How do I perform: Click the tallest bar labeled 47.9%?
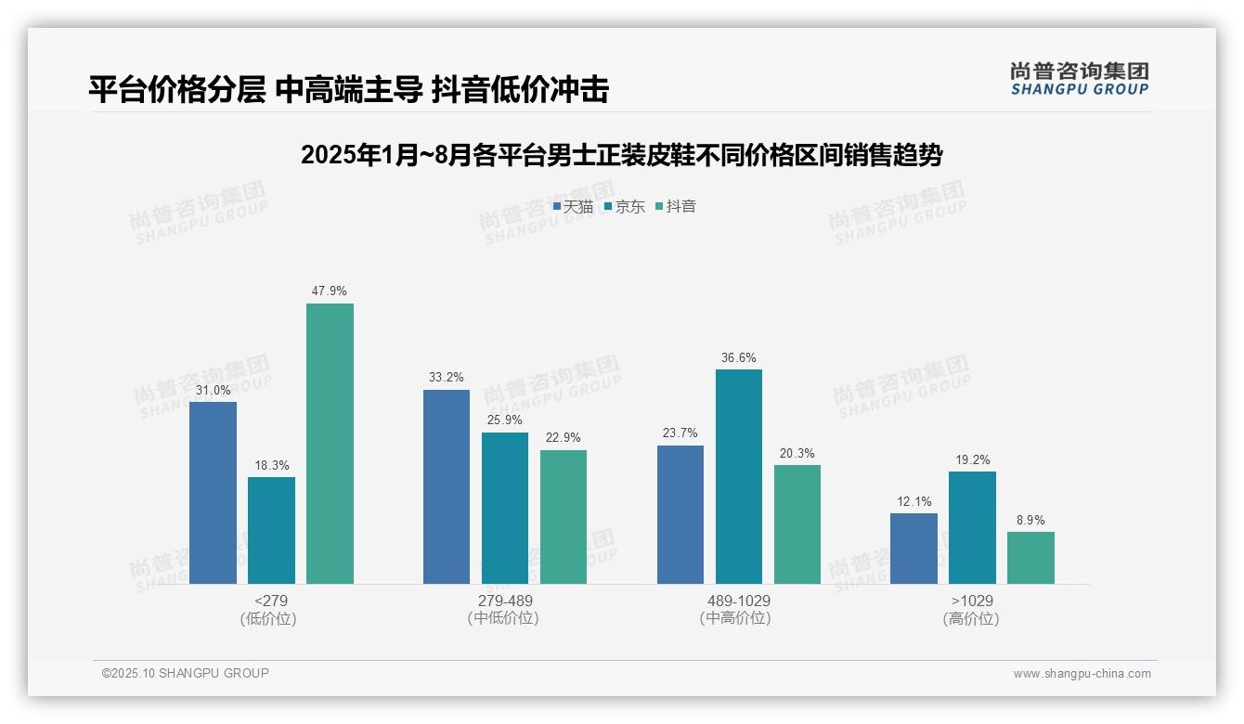coord(330,444)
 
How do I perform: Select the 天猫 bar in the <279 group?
coord(213,493)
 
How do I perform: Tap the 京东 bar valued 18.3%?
coord(271,530)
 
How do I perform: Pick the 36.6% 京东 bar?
coord(738,476)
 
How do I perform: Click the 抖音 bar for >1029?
coord(1030,558)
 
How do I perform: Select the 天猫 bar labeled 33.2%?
coord(447,486)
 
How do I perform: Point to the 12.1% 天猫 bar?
coord(914,549)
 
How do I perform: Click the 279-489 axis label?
coord(504,601)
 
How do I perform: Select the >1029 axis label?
coord(971,601)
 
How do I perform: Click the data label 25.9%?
coord(504,420)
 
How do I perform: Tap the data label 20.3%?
coord(797,453)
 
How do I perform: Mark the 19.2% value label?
coord(972,459)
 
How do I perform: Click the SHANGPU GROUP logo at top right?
coord(1079,78)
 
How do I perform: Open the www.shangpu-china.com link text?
coord(1082,674)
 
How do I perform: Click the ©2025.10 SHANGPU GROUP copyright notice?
coord(186,673)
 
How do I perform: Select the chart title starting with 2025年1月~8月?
coord(621,156)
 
